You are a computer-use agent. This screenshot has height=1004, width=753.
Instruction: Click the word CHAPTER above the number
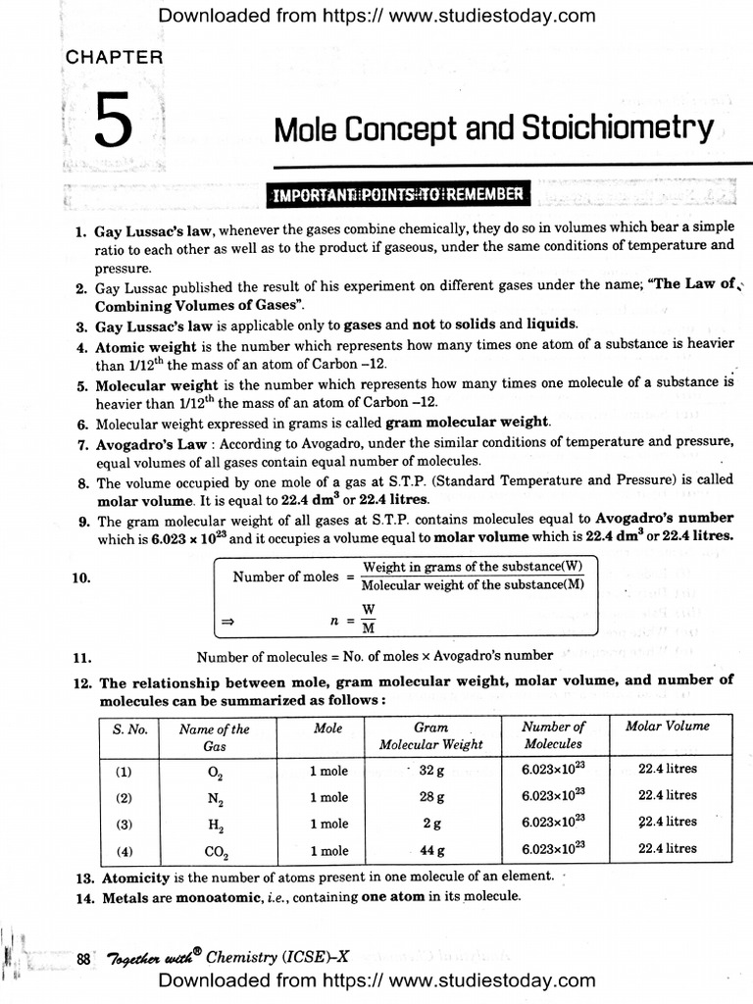[114, 57]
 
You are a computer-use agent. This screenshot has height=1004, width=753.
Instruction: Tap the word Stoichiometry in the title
[620, 128]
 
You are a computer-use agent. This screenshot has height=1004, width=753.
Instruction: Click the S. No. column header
[129, 728]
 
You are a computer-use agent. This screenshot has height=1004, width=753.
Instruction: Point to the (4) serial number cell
[124, 850]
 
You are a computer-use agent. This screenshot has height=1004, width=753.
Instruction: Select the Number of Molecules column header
[553, 735]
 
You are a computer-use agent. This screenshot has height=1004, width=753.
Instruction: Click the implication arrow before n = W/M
[226, 621]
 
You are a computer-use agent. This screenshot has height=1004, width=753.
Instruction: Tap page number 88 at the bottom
[83, 958]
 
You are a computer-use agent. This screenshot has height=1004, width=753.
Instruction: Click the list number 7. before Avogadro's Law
[82, 444]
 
